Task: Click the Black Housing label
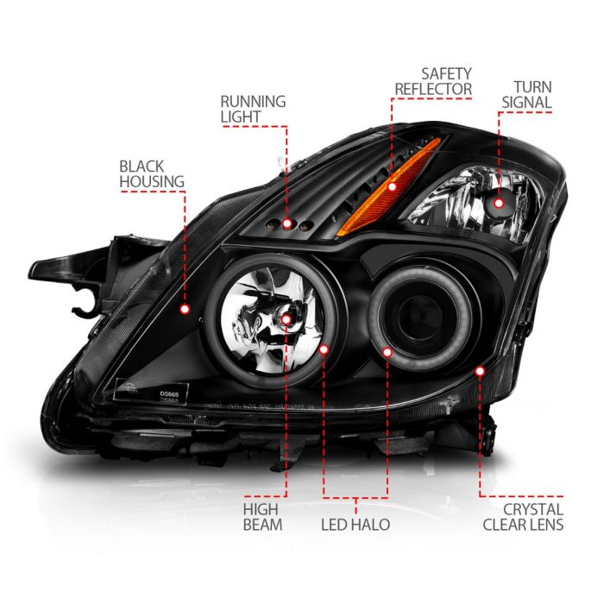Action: point(152,173)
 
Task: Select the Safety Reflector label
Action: point(433,80)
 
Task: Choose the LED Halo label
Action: point(354,524)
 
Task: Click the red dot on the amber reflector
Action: point(368,186)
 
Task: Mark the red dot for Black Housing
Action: point(184,307)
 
